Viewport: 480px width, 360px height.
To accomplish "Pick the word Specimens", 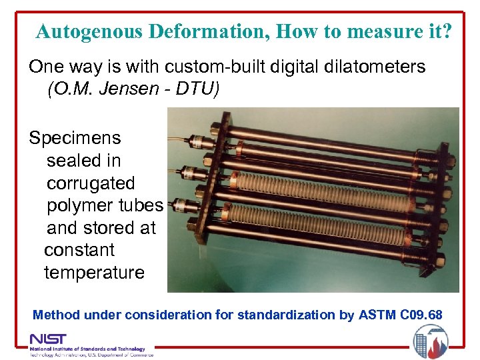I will tap(75, 138).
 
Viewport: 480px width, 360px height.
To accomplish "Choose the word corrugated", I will tap(91, 183).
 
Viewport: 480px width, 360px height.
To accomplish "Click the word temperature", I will tap(94, 273).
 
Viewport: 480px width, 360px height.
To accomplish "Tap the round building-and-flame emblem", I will tap(430, 342).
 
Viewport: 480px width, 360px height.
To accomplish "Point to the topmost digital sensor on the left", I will tap(197, 142).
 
